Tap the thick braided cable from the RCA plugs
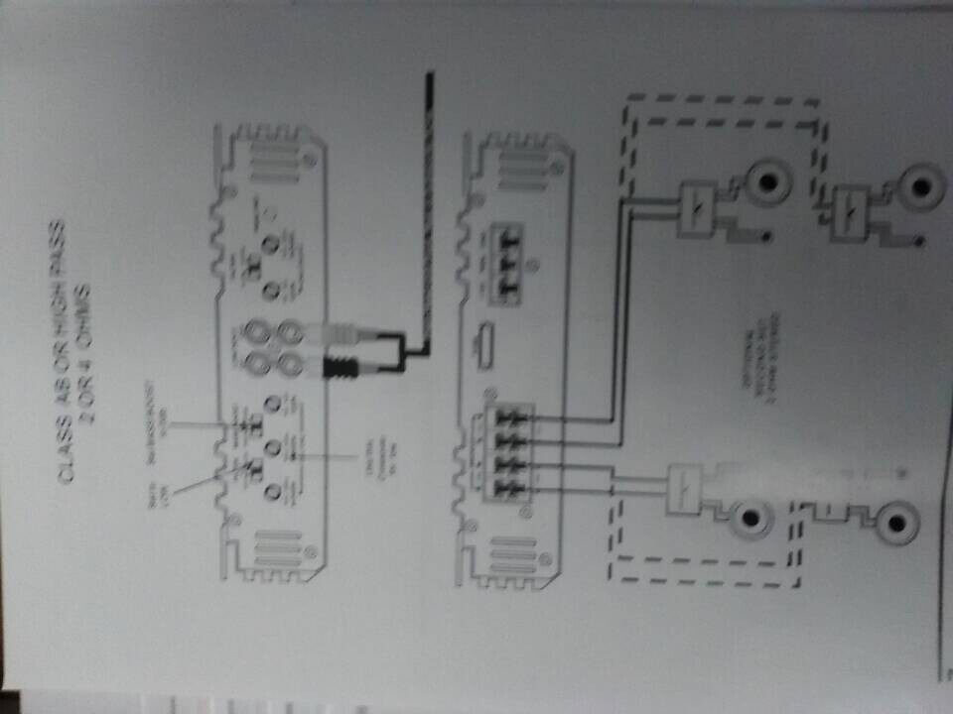pyautogui.click(x=427, y=198)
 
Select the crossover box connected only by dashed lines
pyautogui.click(x=850, y=211)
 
